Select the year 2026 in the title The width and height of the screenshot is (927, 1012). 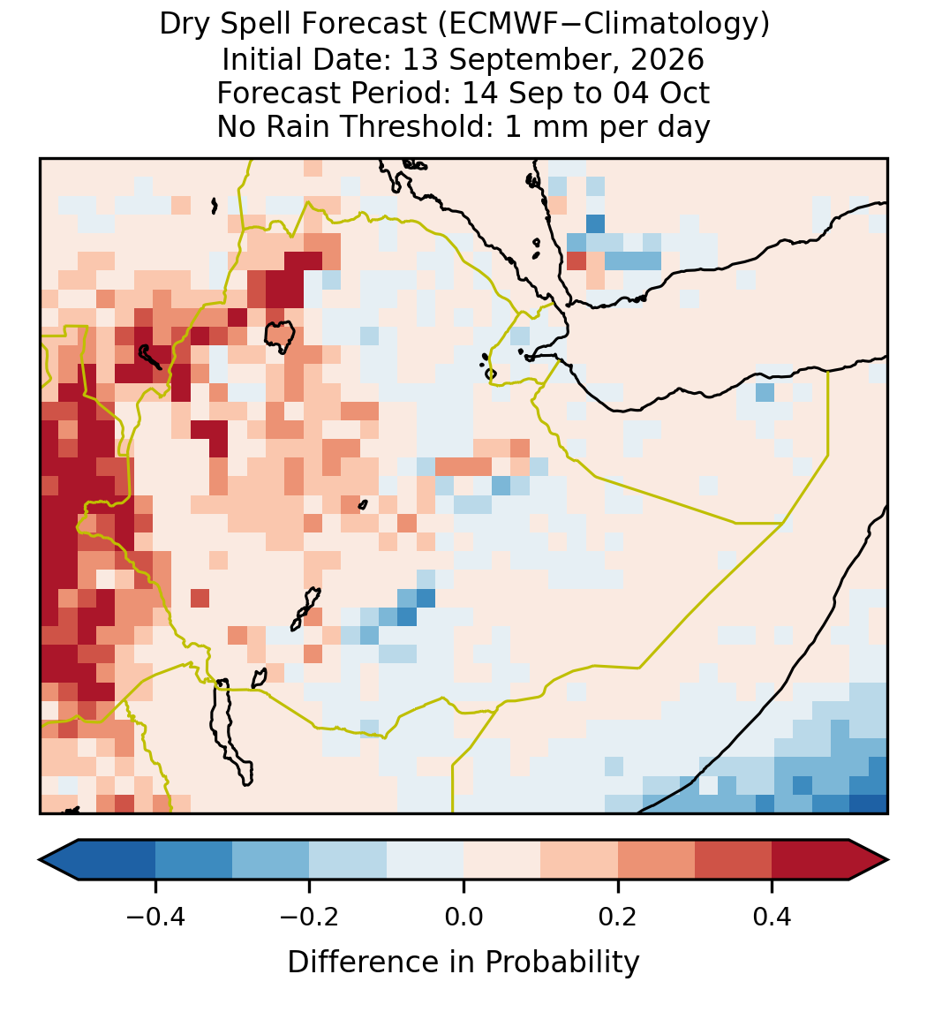667,59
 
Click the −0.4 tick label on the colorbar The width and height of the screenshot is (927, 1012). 154,916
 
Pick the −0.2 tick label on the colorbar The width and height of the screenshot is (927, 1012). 309,916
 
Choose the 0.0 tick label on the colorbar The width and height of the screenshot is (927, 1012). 463,916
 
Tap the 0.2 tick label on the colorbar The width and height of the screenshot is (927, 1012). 618,916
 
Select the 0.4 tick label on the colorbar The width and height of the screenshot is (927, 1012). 772,916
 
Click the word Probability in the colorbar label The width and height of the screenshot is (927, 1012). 561,963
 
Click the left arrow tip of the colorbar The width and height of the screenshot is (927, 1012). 40,860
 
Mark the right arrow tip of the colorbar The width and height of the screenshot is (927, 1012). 888,860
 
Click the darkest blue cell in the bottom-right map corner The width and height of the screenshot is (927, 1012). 869,804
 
